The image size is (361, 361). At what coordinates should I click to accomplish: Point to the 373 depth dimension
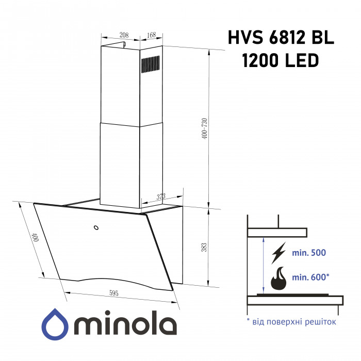[161, 196]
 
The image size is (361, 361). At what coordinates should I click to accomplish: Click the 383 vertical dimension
[204, 247]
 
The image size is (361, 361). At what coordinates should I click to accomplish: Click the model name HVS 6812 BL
[281, 38]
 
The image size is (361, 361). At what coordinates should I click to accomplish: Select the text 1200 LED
[281, 61]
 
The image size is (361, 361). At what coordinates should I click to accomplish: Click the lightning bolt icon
[278, 253]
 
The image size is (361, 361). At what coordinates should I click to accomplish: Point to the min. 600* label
[311, 277]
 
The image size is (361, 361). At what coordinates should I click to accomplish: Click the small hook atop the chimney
[124, 46]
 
